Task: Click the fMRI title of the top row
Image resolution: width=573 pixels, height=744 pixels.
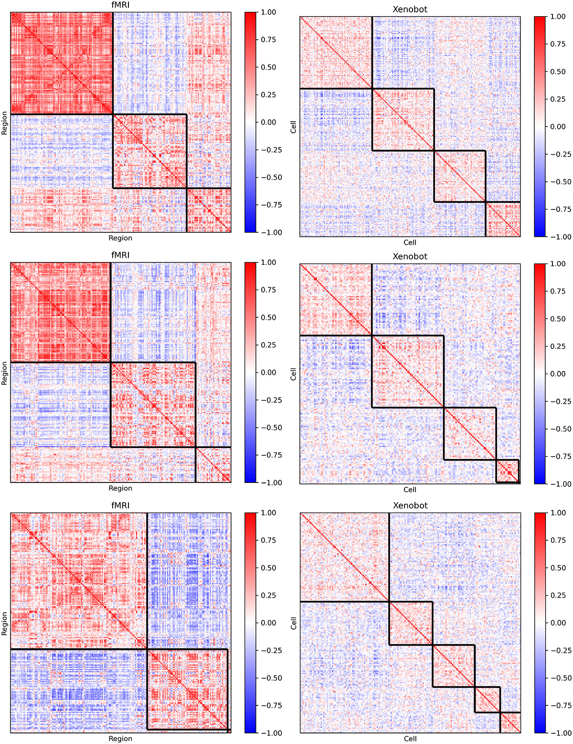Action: click(120, 5)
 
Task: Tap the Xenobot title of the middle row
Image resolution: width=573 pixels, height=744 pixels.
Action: click(410, 256)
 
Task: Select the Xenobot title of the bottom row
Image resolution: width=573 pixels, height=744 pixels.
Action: click(410, 505)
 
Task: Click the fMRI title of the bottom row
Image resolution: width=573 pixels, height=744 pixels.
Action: click(120, 505)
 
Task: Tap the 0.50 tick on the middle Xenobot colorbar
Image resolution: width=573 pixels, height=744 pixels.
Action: click(558, 319)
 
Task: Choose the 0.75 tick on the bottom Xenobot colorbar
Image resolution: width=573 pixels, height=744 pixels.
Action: click(558, 541)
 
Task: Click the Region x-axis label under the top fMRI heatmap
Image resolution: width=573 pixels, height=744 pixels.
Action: click(120, 238)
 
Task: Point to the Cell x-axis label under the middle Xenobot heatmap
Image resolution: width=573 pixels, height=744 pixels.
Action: click(410, 490)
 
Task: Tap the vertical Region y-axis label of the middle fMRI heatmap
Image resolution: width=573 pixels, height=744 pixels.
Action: click(5, 373)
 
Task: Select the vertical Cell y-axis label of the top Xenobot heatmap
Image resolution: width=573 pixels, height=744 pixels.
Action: click(293, 126)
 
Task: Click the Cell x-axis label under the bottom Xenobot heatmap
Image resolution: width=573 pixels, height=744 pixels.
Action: click(410, 739)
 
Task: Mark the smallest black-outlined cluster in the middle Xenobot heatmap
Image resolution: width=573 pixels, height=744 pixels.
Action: click(508, 471)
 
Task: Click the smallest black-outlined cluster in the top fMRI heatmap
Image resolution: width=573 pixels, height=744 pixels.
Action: click(209, 210)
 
